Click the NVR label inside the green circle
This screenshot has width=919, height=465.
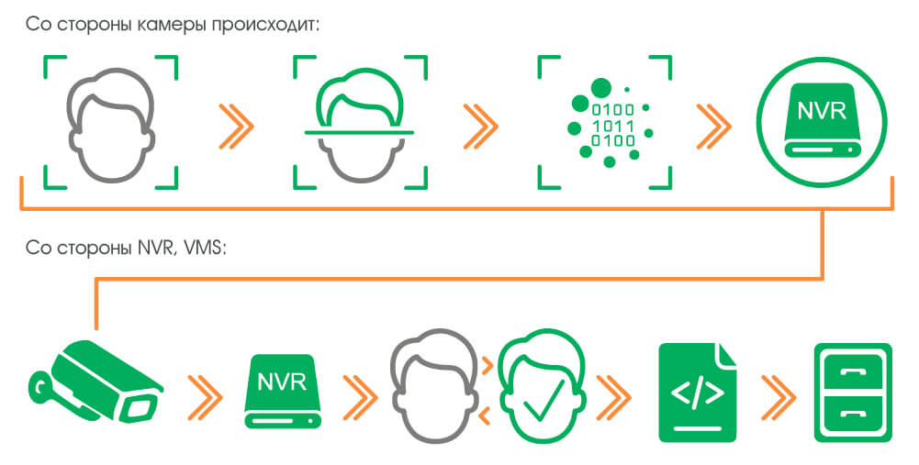click(x=823, y=111)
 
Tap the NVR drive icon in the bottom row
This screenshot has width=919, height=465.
click(x=282, y=390)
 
